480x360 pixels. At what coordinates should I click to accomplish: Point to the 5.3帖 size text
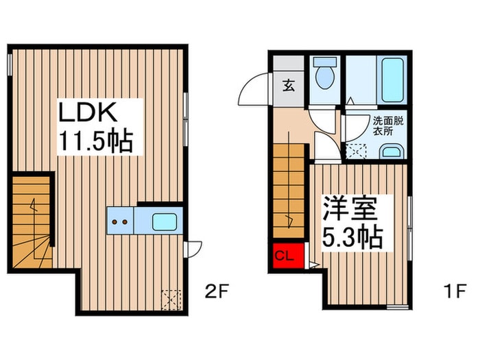(x=352, y=237)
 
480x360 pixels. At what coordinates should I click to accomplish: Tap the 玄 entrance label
(x=289, y=86)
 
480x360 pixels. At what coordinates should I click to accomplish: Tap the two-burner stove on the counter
(x=120, y=222)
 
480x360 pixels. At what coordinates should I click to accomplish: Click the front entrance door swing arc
(x=252, y=88)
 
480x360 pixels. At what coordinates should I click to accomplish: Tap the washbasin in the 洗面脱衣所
(x=392, y=152)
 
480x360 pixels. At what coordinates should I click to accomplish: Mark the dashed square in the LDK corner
(x=169, y=299)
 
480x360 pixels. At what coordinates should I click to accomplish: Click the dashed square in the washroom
(x=355, y=150)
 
